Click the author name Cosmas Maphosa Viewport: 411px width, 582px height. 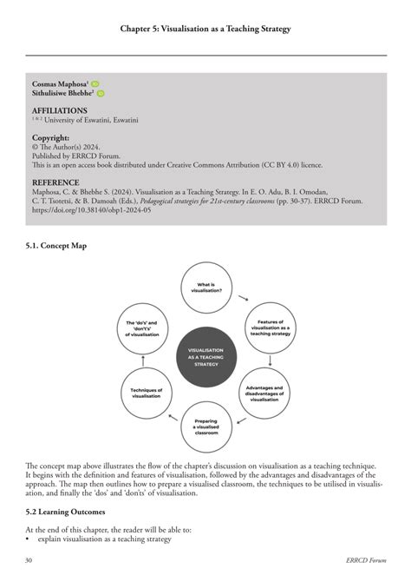pos(59,83)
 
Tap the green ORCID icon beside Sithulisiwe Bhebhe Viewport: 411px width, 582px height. pos(101,93)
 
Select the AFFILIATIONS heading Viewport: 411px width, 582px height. pos(60,111)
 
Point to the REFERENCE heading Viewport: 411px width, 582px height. pos(57,182)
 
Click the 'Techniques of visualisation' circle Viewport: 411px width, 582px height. pos(146,391)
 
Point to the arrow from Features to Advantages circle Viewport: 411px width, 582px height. pos(271,359)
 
